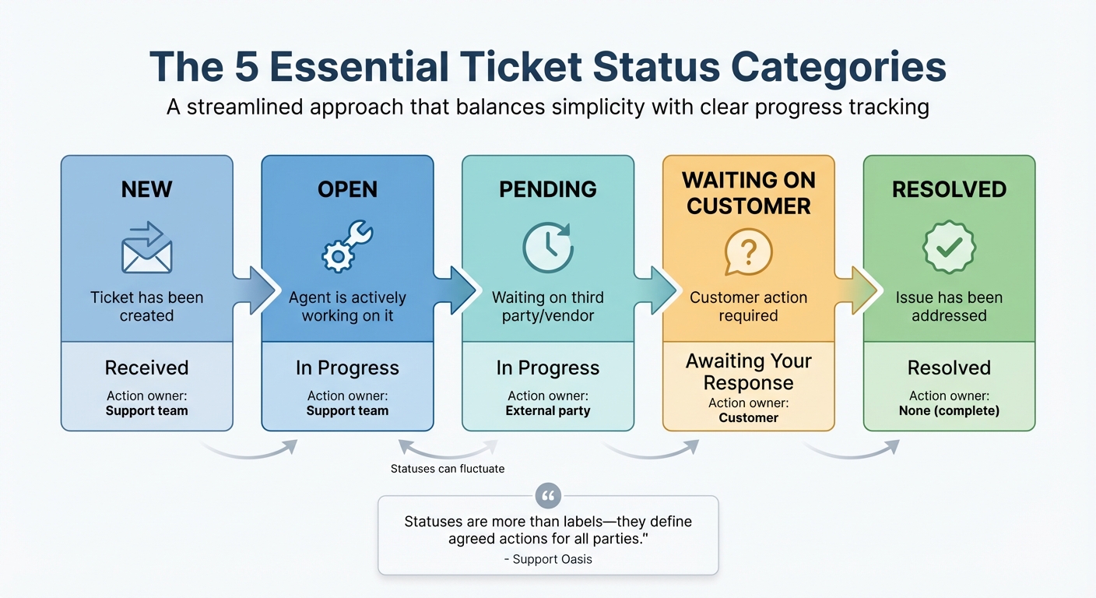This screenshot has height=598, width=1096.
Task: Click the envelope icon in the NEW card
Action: point(146,249)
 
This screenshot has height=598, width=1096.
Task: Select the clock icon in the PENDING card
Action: point(547,248)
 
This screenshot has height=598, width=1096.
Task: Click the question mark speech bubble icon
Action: point(748,252)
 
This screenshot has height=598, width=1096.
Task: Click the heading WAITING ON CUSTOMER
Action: point(748,193)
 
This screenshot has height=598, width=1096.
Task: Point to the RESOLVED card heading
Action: point(949,189)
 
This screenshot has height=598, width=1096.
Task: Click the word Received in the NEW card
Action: point(146,368)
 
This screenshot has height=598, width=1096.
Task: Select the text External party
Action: point(548,410)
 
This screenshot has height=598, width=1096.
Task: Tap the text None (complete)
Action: point(949,410)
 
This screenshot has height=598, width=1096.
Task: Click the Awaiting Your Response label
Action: point(748,371)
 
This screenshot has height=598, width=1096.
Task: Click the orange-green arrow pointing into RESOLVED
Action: point(857,290)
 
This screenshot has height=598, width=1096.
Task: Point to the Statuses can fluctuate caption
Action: point(448,469)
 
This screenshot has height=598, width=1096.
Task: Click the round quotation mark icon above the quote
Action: point(548,495)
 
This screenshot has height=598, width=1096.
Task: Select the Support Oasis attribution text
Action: point(548,559)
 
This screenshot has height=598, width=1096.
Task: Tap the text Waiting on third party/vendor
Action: point(548,306)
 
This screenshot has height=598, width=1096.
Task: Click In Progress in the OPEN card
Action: point(347,368)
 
